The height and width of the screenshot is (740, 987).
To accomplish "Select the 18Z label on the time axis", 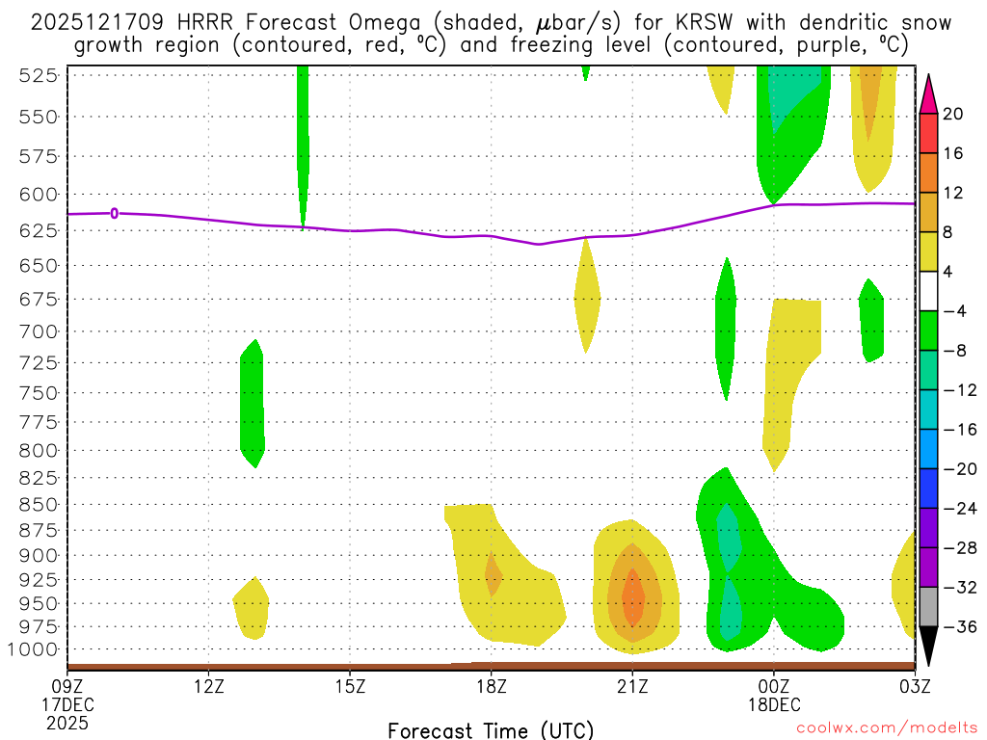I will (x=491, y=686).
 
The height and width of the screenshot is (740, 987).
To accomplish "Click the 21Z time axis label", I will (x=632, y=686).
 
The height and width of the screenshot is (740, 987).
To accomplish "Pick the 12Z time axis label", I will (x=209, y=686).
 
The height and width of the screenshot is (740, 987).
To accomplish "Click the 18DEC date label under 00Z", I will (x=774, y=704).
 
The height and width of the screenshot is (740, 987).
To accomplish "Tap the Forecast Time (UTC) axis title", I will (x=491, y=729).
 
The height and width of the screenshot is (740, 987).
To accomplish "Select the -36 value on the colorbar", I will (x=955, y=626).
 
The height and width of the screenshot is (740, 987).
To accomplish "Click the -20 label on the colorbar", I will (x=955, y=469).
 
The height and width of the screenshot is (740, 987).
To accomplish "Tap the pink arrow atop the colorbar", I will (x=928, y=92).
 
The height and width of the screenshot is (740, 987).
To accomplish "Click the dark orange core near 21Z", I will (x=632, y=600).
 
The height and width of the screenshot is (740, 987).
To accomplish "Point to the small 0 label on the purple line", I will (x=115, y=213).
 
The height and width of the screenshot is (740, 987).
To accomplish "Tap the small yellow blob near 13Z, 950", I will (x=252, y=608).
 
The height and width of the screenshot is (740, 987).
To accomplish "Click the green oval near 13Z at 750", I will (x=252, y=403).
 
